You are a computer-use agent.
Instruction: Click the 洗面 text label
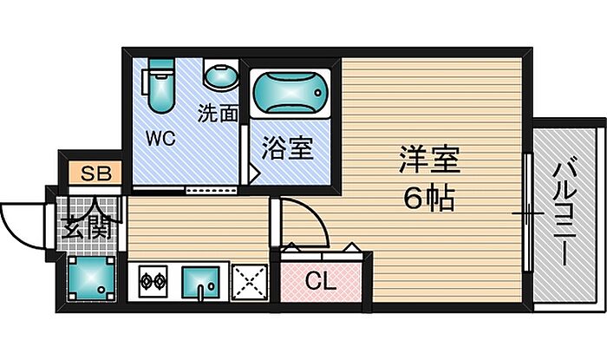[218, 112]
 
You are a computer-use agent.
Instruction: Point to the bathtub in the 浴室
[289, 93]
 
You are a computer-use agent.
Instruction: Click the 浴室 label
[288, 148]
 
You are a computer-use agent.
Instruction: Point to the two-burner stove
[153, 282]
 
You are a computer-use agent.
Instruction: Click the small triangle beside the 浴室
[253, 173]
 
